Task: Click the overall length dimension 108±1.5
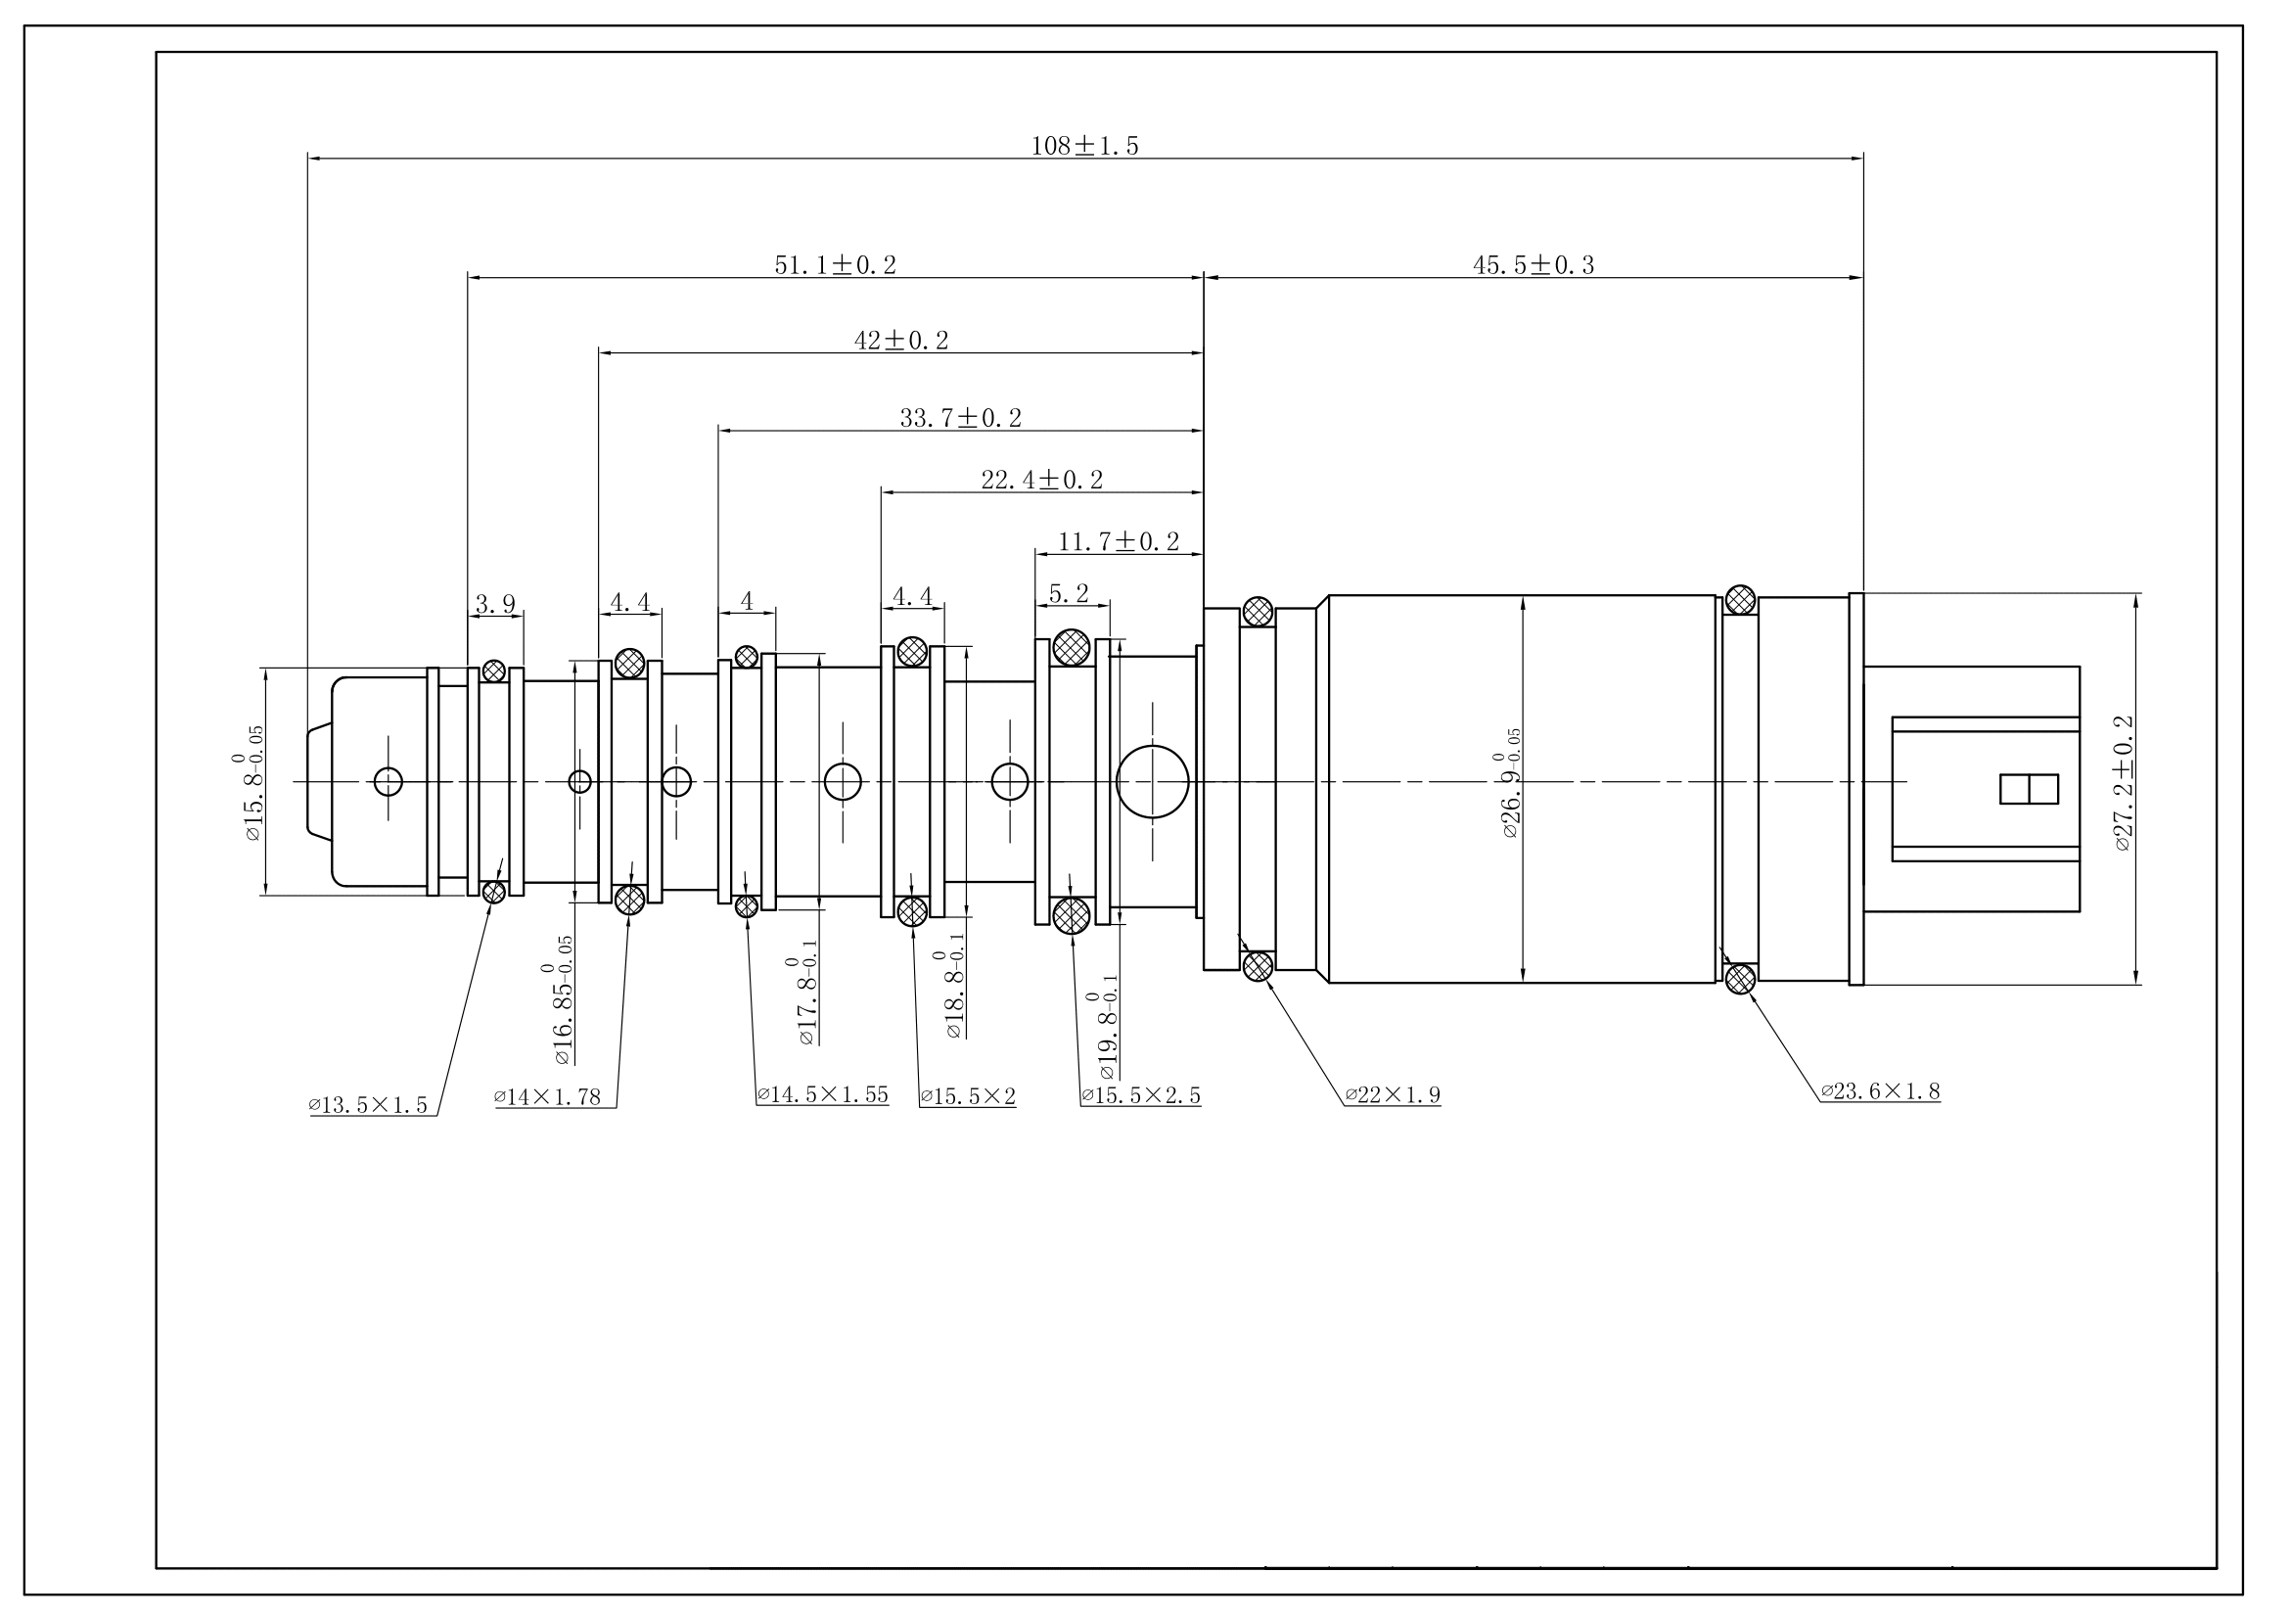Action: click(x=1084, y=146)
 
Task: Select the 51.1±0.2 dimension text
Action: click(x=836, y=265)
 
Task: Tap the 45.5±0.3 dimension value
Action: click(x=1534, y=265)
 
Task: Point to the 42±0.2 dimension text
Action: click(x=901, y=341)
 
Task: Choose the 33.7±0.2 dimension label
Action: click(x=961, y=418)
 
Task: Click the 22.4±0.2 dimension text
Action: click(x=1042, y=480)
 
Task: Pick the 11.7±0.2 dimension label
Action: click(x=1119, y=541)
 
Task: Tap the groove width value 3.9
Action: click(x=494, y=603)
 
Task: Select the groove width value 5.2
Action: click(x=1069, y=594)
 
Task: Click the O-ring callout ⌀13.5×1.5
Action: click(x=368, y=1104)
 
